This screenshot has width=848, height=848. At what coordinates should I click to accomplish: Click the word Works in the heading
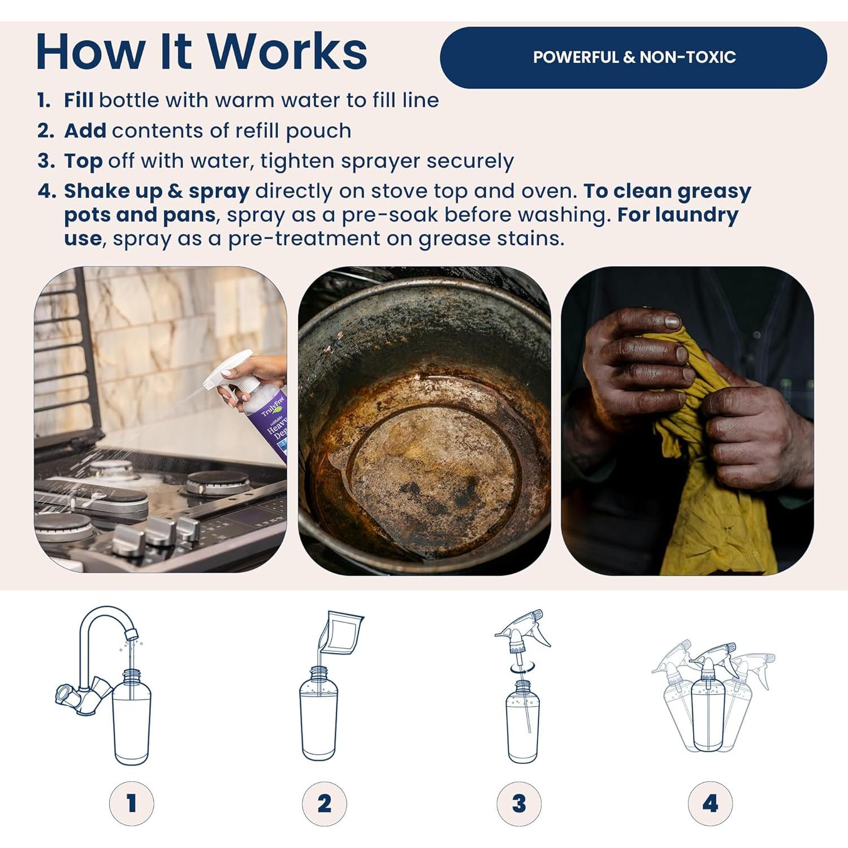tap(288, 51)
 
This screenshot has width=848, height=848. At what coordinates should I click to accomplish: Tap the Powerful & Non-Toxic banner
tap(633, 57)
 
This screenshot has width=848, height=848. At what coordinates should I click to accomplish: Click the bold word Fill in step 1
tap(79, 100)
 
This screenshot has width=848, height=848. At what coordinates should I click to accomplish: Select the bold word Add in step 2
tap(85, 131)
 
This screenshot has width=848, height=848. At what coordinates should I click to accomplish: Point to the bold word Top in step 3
tap(83, 162)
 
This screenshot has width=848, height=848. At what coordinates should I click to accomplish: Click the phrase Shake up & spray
tap(157, 192)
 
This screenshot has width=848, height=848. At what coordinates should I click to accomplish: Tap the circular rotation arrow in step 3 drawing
tap(518, 668)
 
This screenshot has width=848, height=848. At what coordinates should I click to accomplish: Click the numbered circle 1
tap(131, 803)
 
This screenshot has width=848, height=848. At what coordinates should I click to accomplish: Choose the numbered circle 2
tap(325, 803)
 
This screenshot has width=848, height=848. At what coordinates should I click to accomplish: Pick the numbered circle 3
tap(519, 803)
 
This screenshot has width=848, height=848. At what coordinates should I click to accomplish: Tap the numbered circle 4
tap(711, 803)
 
